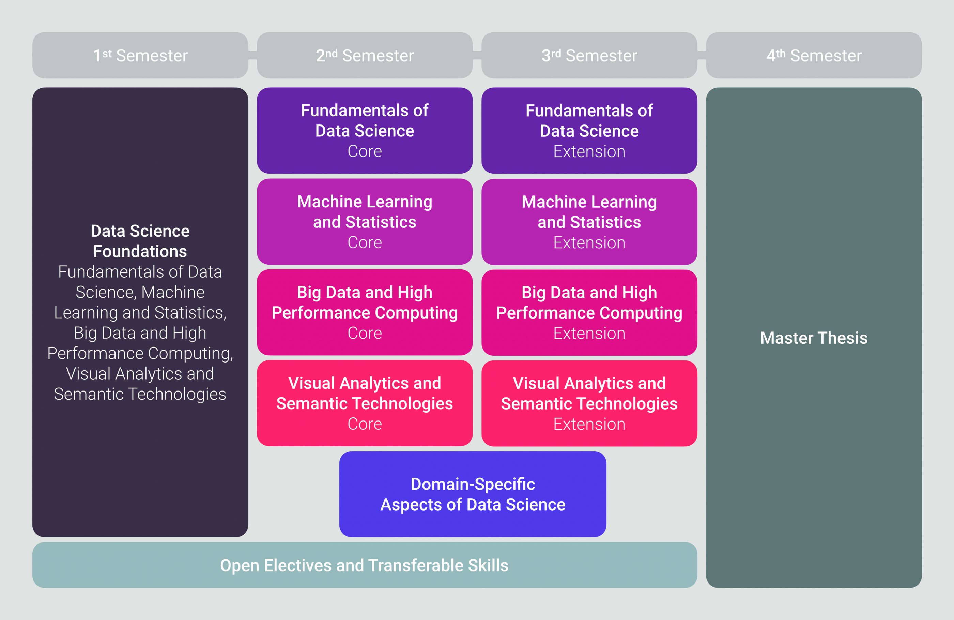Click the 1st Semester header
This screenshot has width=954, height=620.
click(x=140, y=55)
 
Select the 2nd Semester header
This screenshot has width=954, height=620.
click(x=365, y=55)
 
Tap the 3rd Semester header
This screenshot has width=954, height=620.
click(x=589, y=55)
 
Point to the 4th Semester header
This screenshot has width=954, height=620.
click(x=814, y=55)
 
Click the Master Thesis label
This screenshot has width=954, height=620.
click(x=814, y=338)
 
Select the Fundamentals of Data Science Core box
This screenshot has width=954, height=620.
click(x=365, y=130)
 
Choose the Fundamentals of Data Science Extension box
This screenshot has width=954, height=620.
click(x=589, y=130)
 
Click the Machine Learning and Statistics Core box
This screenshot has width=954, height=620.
click(x=365, y=222)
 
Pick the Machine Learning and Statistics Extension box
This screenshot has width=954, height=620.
click(x=589, y=222)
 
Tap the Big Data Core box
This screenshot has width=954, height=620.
click(x=365, y=312)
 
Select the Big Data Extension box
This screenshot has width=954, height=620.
click(x=589, y=312)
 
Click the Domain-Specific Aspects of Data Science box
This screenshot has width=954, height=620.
click(x=473, y=494)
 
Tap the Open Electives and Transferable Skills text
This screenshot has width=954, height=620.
click(x=364, y=565)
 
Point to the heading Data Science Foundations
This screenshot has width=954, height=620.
click(x=140, y=241)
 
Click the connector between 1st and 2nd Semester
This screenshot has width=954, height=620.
click(x=252, y=55)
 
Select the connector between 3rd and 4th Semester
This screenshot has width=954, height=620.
click(x=702, y=55)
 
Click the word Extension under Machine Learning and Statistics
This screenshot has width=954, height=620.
click(x=589, y=243)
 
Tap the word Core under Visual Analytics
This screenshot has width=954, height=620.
click(x=365, y=424)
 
